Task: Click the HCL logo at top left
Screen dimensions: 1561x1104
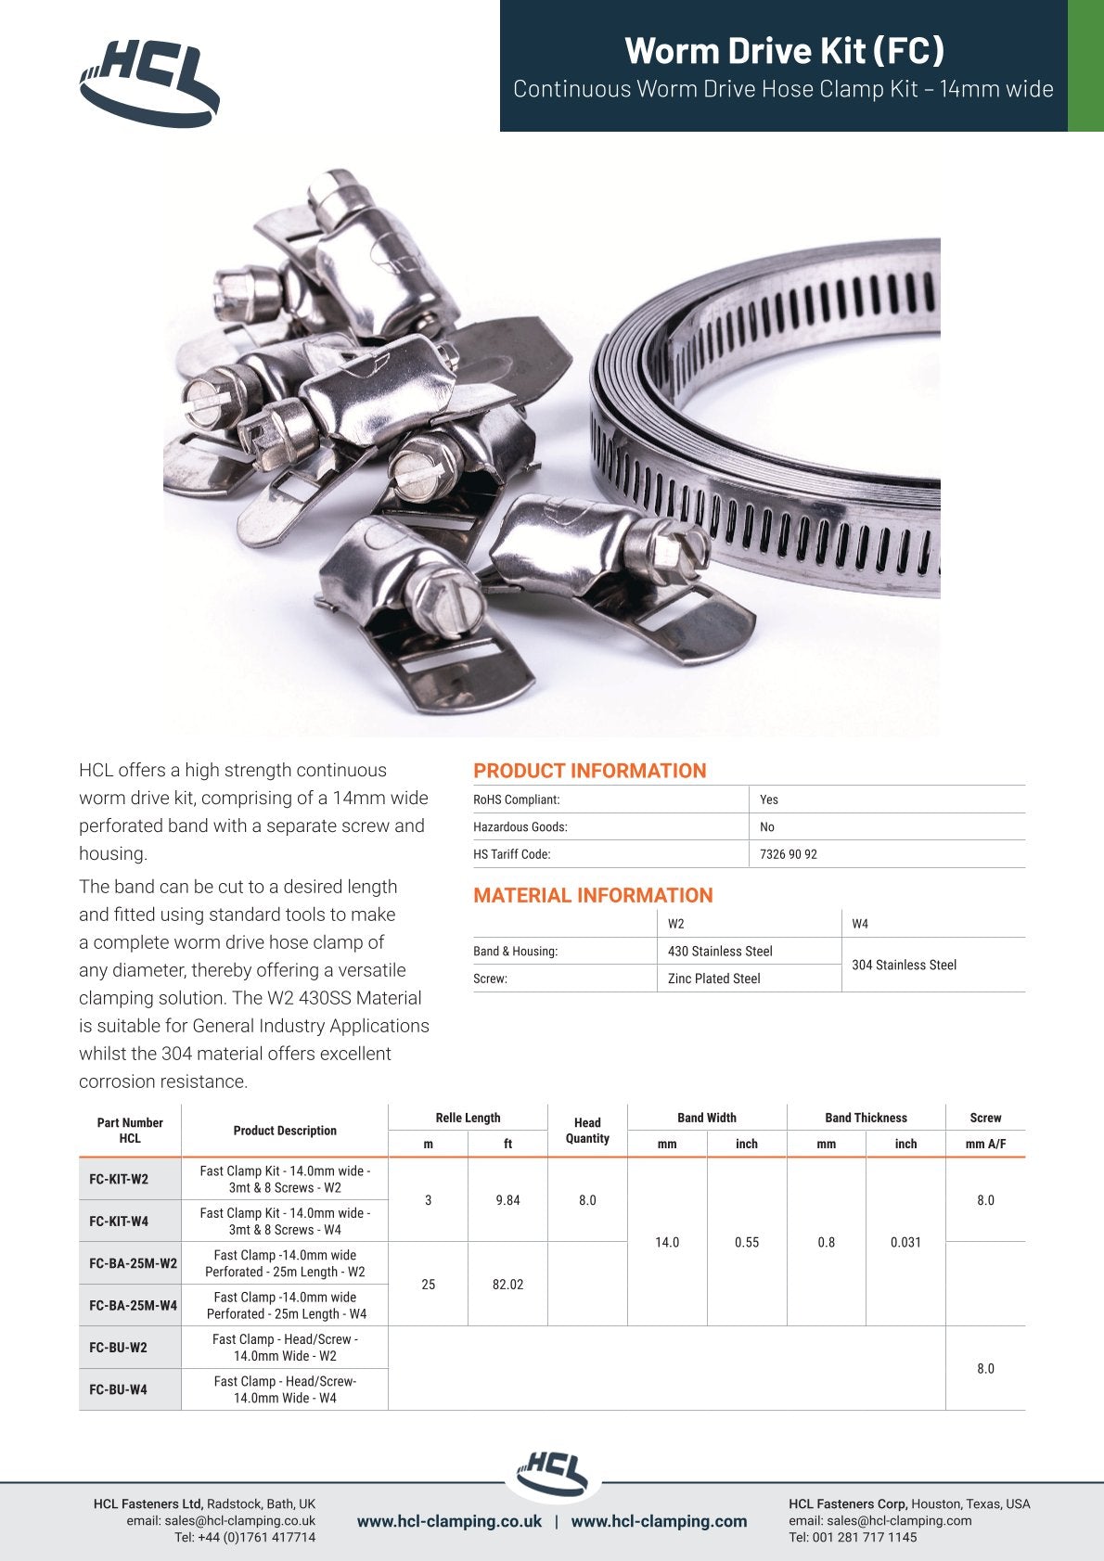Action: [x=149, y=82]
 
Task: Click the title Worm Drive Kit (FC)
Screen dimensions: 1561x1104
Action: [x=784, y=50]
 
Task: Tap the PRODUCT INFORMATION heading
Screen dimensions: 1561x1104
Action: [x=589, y=771]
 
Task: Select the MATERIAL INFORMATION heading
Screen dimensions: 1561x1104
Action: [x=593, y=895]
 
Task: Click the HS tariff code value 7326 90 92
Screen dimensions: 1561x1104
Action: [x=789, y=854]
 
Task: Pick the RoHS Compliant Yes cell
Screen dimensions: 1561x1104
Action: [x=769, y=800]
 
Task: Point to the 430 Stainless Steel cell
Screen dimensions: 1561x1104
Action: [x=720, y=951]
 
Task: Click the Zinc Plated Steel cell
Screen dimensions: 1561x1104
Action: [x=713, y=979]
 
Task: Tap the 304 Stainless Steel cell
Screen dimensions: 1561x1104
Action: [x=904, y=965]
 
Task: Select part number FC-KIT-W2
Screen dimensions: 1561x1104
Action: [x=119, y=1179]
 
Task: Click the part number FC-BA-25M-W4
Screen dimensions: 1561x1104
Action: [x=133, y=1305]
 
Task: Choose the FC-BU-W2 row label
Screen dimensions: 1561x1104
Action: [x=118, y=1347]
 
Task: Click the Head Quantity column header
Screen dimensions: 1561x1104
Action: [x=587, y=1130]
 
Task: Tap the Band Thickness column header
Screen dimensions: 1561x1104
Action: [x=866, y=1118]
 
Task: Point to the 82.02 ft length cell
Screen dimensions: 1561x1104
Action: [x=507, y=1285]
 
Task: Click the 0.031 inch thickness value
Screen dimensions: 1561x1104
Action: [x=905, y=1242]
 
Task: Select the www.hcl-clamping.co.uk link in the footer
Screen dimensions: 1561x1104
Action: [x=449, y=1521]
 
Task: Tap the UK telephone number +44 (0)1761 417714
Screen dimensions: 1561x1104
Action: [x=245, y=1537]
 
